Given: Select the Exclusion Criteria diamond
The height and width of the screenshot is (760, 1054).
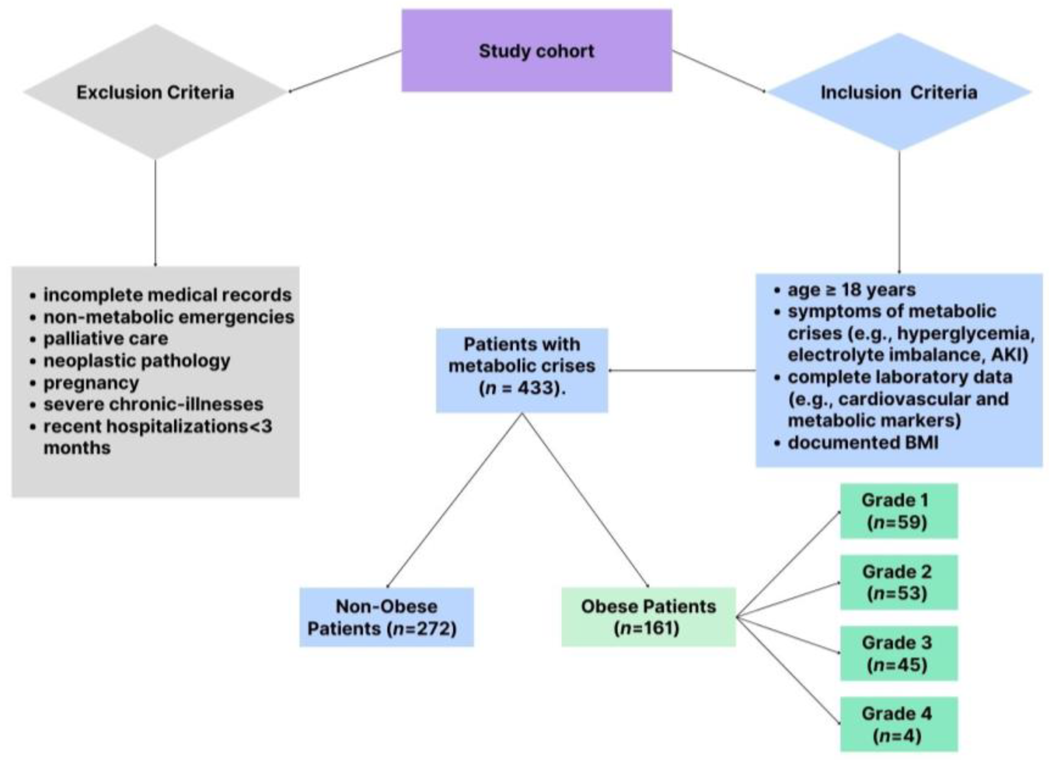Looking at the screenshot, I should coord(155,92).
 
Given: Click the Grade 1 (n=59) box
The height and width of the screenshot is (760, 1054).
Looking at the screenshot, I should coord(898,511).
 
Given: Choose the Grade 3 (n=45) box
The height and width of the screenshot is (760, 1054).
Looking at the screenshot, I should coord(898,653).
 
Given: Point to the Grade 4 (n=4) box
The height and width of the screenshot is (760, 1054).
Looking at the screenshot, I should coord(898,724).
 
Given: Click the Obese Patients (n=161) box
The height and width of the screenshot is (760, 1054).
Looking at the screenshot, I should coord(648,617).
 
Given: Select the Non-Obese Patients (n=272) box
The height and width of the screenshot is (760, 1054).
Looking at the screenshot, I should coord(386,617).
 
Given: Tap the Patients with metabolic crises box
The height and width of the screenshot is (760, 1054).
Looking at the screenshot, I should coord(522,366).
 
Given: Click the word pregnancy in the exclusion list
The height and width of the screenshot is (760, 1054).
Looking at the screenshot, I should coord(91,383).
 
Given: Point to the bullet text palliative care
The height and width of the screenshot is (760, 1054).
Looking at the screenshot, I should coord(106,339).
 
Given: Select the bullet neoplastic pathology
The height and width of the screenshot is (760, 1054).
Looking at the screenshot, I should coord(137,361).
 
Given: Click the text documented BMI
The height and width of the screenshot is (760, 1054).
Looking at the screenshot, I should coord(862,443).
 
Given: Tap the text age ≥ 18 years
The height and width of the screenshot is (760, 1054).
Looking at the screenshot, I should coord(851,290).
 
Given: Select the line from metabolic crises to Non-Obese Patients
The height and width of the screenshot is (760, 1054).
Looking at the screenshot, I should coord(454,500).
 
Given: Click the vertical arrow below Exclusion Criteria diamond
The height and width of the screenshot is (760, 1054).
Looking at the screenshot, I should coord(155,213).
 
